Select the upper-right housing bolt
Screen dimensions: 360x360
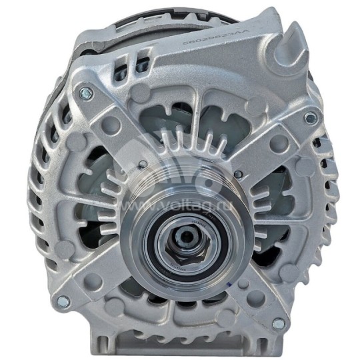[309, 118]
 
